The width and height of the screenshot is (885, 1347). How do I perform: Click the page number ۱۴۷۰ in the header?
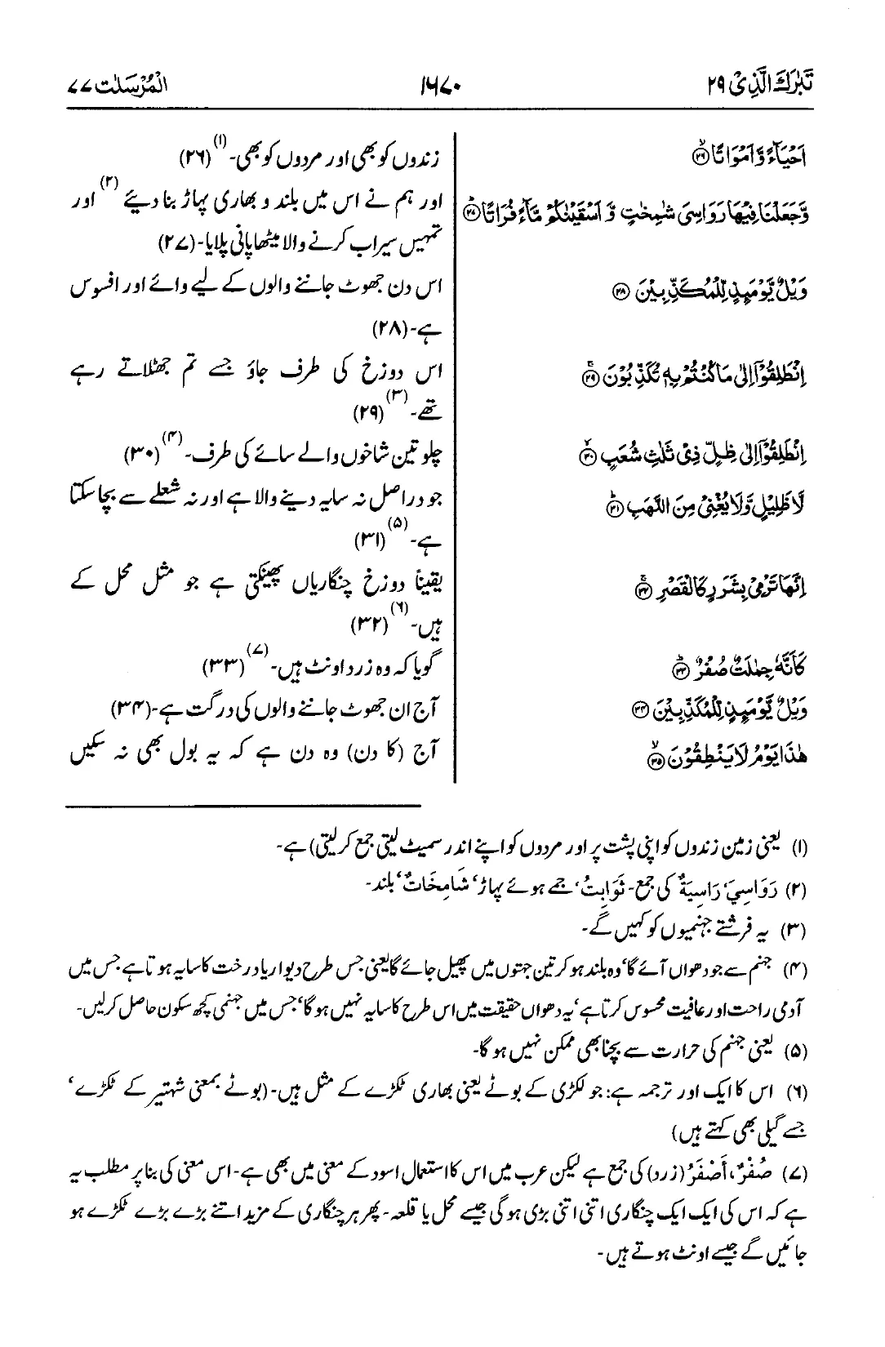tap(441, 84)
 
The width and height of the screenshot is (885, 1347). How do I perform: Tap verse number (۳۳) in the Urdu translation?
tap(220, 671)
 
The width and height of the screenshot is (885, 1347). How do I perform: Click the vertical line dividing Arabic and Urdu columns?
tap(454, 457)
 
